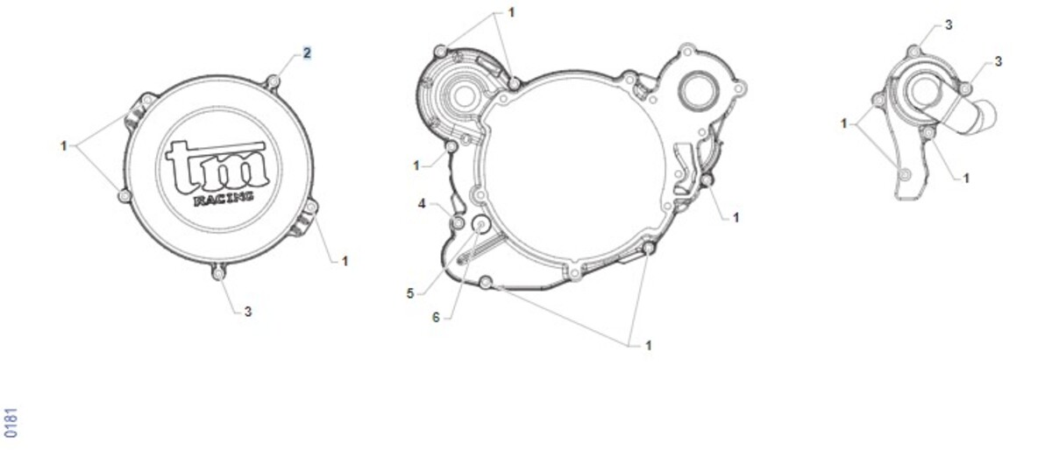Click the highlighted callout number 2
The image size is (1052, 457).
pyautogui.click(x=307, y=53)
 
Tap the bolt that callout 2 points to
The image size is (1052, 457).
pyautogui.click(x=273, y=82)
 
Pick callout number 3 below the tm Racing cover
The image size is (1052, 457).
pyautogui.click(x=248, y=311)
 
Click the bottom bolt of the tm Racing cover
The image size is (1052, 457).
pyautogui.click(x=218, y=272)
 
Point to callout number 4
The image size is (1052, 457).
pyautogui.click(x=422, y=204)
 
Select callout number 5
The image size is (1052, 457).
pyautogui.click(x=410, y=293)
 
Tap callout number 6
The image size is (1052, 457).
pyautogui.click(x=436, y=318)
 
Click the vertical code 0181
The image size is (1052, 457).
pyautogui.click(x=11, y=423)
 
